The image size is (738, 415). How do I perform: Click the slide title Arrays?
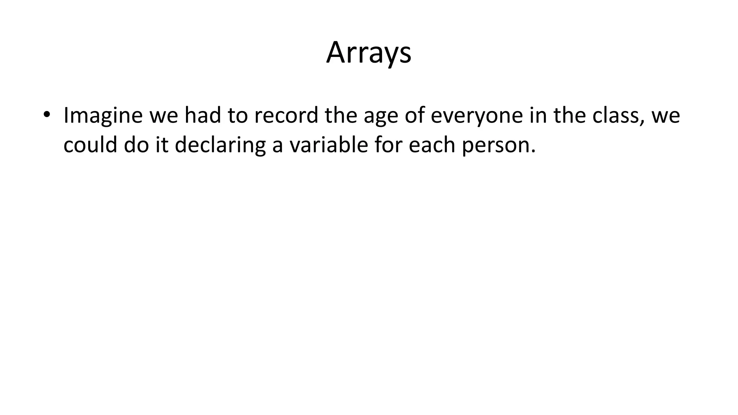pyautogui.click(x=369, y=53)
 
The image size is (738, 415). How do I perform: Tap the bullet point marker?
pyautogui.click(x=46, y=115)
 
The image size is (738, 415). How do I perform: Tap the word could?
pyautogui.click(x=90, y=145)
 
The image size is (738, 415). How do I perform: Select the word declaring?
pyautogui.click(x=220, y=146)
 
